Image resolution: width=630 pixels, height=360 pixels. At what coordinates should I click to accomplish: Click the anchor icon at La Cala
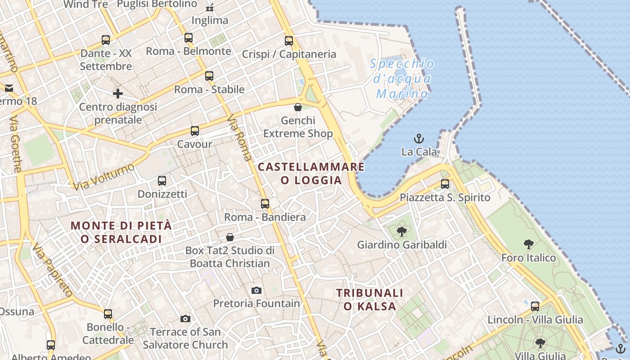[419, 139]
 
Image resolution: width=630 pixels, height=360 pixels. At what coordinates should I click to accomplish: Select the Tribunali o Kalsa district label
[370, 300]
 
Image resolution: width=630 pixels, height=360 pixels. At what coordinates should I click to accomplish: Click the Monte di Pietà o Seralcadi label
[121, 232]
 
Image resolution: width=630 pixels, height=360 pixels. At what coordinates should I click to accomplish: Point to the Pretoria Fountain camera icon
[256, 291]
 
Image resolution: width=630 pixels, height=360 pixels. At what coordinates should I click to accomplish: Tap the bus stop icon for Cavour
[194, 131]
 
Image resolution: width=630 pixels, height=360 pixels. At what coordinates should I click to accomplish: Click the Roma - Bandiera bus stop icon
[265, 204]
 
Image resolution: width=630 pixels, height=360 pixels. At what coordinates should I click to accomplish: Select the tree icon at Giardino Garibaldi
[402, 232]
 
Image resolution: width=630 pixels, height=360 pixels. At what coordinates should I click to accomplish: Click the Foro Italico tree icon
[529, 245]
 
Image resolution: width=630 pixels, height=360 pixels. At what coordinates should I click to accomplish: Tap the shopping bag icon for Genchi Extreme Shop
[297, 107]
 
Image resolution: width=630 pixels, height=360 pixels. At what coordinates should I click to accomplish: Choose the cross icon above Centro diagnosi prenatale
[118, 94]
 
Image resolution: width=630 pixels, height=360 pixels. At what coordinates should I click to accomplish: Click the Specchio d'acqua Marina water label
[402, 79]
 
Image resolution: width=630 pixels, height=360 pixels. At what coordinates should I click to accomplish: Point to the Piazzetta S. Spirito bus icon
[445, 184]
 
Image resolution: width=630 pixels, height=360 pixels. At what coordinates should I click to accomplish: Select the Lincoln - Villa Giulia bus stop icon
[535, 306]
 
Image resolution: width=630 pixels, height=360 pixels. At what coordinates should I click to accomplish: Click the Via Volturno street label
[103, 177]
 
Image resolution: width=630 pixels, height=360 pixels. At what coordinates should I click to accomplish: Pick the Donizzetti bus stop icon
[162, 181]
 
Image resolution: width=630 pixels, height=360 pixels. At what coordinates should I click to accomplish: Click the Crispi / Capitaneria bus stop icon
[289, 41]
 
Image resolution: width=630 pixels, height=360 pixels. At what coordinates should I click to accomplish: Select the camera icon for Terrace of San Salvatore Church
[185, 319]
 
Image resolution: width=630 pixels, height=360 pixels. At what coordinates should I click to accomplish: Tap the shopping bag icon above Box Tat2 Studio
[230, 237]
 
